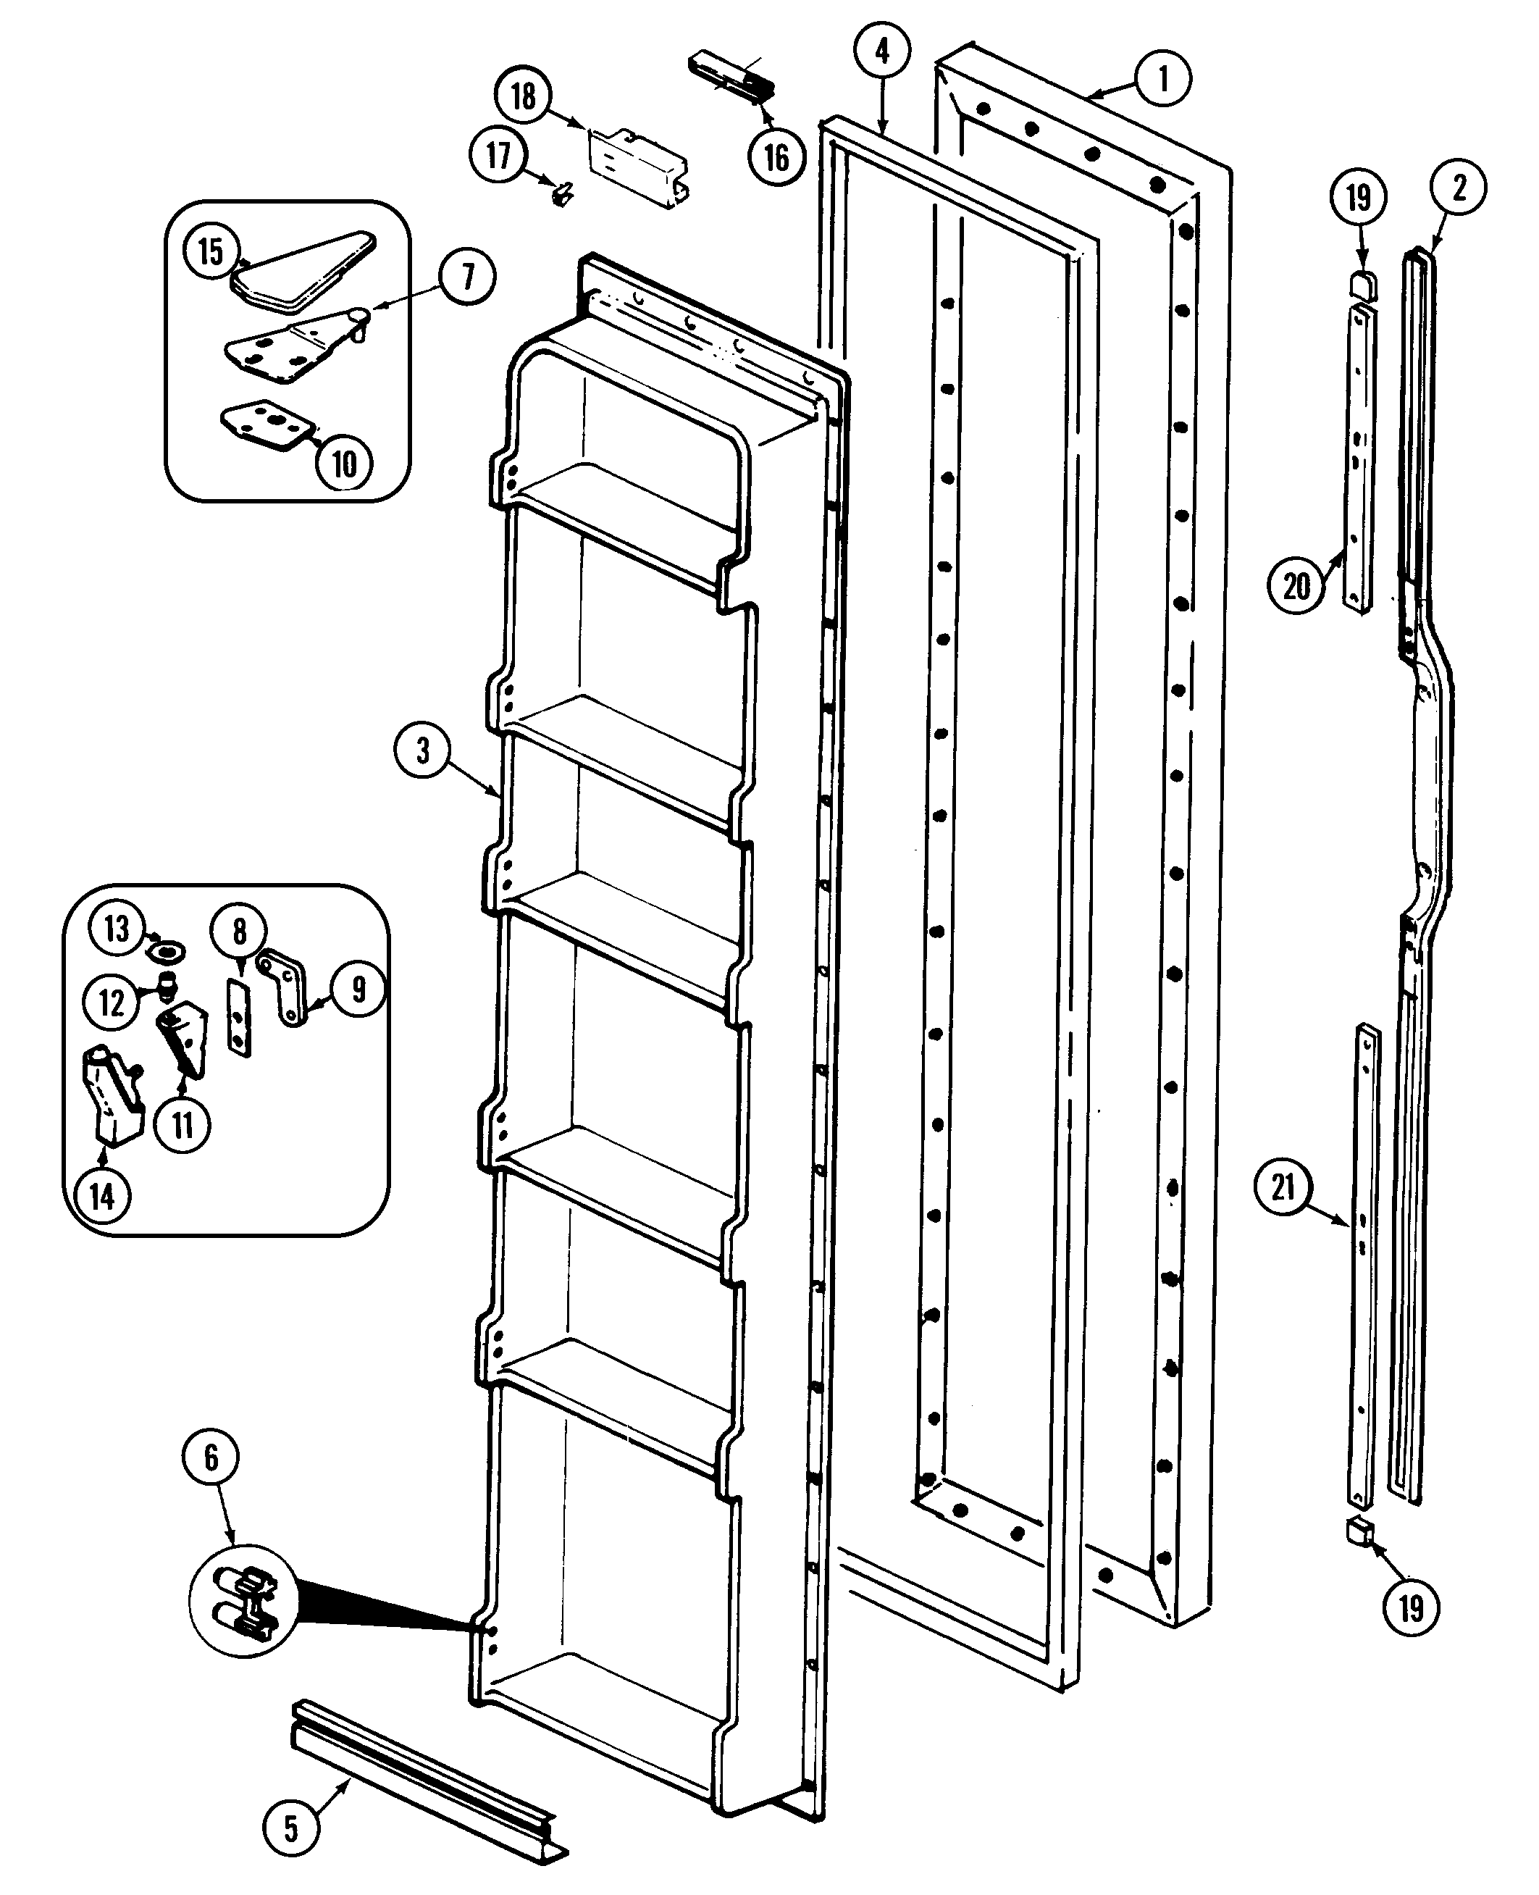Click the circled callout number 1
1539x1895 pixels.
click(1163, 79)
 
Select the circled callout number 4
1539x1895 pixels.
click(882, 51)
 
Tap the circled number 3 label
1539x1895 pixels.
click(423, 751)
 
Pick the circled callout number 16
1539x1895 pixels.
click(776, 158)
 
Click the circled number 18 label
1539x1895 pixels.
click(523, 95)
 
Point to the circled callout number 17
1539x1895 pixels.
click(498, 155)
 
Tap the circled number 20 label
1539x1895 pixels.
click(1296, 586)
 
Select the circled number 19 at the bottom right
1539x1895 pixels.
click(1412, 1607)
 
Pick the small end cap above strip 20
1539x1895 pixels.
click(1362, 285)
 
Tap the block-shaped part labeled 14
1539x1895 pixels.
click(114, 1095)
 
